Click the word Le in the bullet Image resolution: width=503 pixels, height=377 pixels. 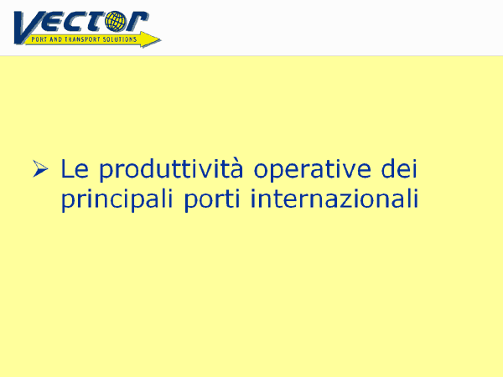click(75, 168)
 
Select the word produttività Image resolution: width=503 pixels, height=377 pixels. click(171, 169)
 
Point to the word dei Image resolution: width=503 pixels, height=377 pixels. click(399, 168)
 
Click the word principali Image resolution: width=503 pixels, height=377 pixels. click(117, 199)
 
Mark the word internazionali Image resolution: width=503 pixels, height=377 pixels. click(334, 198)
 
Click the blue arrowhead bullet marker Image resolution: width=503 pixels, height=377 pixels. click(40, 168)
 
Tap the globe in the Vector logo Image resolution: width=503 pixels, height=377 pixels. click(116, 21)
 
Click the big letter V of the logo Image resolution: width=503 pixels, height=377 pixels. click(28, 26)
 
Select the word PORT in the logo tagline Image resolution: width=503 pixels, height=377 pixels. click(39, 39)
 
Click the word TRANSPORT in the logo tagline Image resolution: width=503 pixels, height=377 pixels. click(82, 39)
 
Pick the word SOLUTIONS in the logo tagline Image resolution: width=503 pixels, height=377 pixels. click(119, 39)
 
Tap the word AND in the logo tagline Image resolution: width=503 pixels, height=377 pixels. click(56, 39)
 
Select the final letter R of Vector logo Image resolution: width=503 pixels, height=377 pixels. click(137, 22)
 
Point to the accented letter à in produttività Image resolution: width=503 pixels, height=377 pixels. click(236, 168)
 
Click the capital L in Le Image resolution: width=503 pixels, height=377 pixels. click(67, 168)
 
